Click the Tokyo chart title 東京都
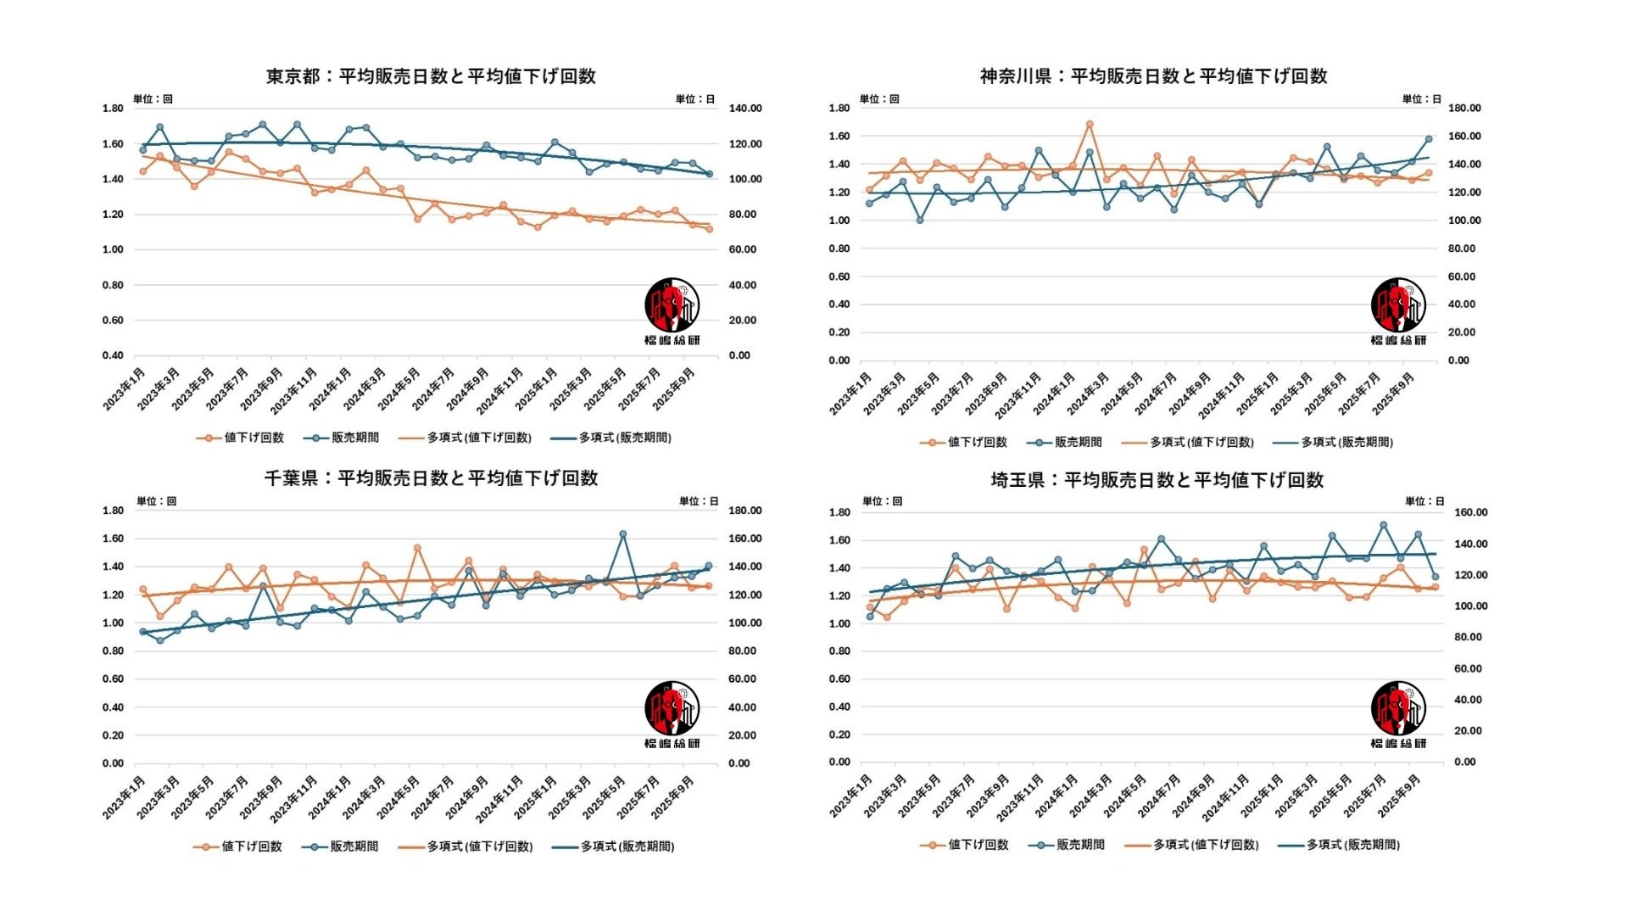[x=293, y=76]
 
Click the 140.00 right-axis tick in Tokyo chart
[x=744, y=109]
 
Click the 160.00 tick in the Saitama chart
[x=1470, y=512]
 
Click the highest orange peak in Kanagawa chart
[x=1090, y=125]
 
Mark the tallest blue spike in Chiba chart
[x=622, y=534]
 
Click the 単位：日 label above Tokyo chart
[x=694, y=99]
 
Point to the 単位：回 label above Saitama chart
[x=882, y=501]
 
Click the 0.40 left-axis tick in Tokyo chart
[x=113, y=355]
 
